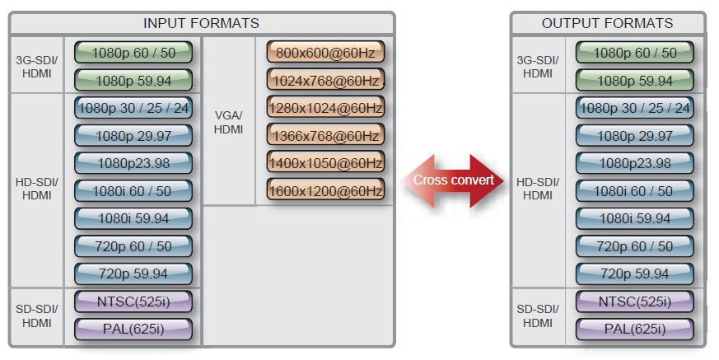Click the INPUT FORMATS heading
[x=201, y=23]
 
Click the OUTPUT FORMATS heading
[x=607, y=23]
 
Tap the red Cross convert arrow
[x=453, y=180]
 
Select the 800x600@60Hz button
[x=325, y=53]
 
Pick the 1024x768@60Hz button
[x=325, y=80]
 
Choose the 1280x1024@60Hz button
[x=325, y=108]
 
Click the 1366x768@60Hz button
[x=325, y=136]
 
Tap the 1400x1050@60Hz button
[x=325, y=163]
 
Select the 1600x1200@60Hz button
[x=325, y=191]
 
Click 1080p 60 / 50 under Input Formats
[x=133, y=53]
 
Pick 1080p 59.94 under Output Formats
[x=634, y=81]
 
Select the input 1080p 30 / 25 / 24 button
[x=133, y=108]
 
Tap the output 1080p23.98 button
[x=634, y=163]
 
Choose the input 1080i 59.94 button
[x=133, y=218]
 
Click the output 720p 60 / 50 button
[x=634, y=246]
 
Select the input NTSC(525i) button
[x=133, y=302]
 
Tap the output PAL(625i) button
[x=634, y=330]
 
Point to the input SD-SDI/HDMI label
[x=36, y=316]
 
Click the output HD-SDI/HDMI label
[x=538, y=189]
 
